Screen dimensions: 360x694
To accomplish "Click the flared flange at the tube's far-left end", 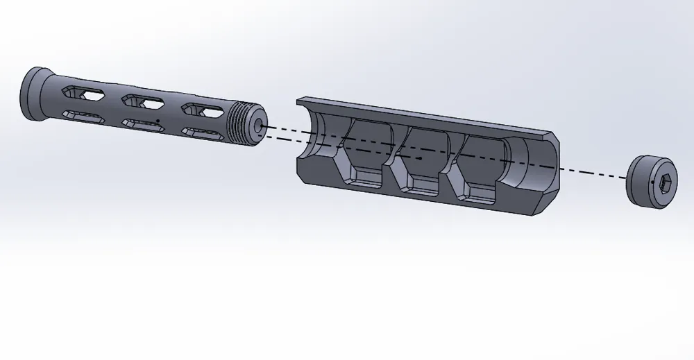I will tap(32, 94).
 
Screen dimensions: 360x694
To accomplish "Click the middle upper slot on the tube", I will tap(142, 101).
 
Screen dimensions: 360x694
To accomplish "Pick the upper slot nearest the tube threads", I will tap(202, 109).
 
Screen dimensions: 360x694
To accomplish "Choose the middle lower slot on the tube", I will tap(143, 123).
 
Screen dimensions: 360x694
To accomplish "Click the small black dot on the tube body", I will tap(158, 121).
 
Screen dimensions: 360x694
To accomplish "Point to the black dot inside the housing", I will tap(421, 158).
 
